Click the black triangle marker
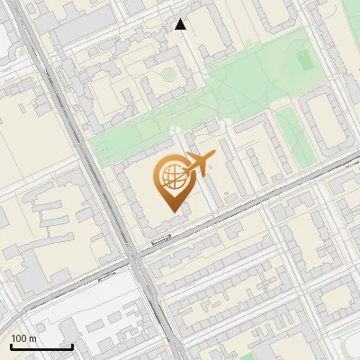tap(181, 25)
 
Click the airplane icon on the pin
tap(197, 166)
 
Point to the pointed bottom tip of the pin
tap(172, 211)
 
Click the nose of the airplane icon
tap(213, 157)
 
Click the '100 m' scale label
tap(24, 338)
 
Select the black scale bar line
tap(41, 346)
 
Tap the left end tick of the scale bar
tap(11, 346)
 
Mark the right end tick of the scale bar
tap(72, 346)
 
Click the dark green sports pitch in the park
tap(303, 59)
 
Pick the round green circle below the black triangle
tap(167, 73)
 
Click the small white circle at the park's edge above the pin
tap(172, 131)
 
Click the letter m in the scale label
tap(33, 338)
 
